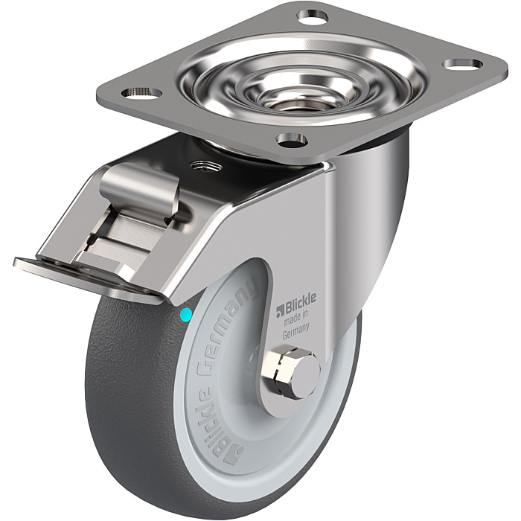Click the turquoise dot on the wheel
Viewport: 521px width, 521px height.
[185, 315]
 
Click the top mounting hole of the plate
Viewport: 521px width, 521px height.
[313, 16]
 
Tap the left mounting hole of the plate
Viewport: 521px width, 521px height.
[141, 93]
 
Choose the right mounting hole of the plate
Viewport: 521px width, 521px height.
[463, 64]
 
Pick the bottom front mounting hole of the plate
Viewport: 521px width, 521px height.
[293, 139]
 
